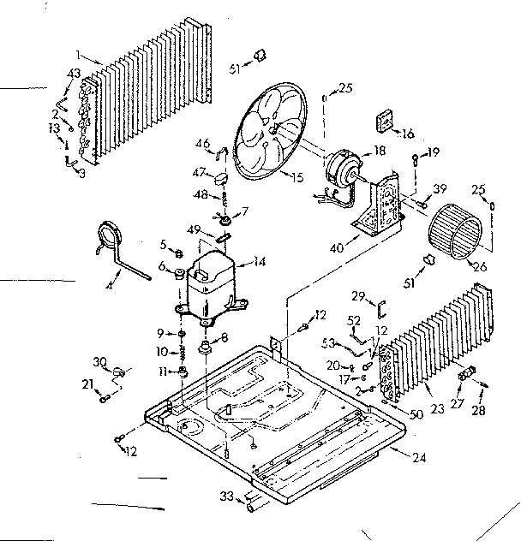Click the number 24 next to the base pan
click(x=417, y=457)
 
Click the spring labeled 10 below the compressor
click(x=182, y=352)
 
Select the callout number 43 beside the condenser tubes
click(x=75, y=74)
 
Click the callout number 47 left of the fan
click(x=199, y=172)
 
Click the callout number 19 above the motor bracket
click(x=434, y=153)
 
